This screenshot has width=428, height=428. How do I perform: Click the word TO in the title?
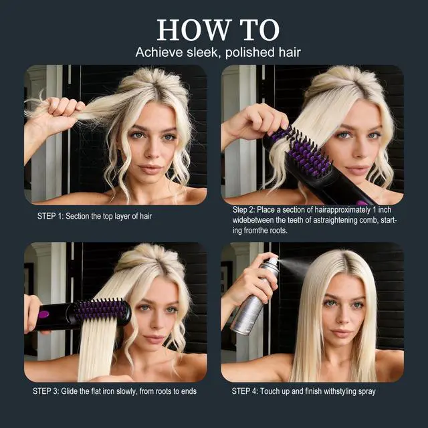click(x=260, y=30)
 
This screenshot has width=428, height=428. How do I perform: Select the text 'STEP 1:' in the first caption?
click(x=50, y=216)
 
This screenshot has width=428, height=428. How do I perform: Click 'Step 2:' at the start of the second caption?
click(x=243, y=210)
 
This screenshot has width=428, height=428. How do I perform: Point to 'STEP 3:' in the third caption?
click(x=46, y=391)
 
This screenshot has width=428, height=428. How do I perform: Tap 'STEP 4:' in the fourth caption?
click(x=245, y=391)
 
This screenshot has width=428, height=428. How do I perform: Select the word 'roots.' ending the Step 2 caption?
click(x=279, y=231)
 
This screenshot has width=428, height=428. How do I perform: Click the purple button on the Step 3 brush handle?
click(x=43, y=314)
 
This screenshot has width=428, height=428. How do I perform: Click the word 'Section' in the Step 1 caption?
click(x=78, y=216)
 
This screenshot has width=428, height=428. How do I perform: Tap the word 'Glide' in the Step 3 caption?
click(x=70, y=391)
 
